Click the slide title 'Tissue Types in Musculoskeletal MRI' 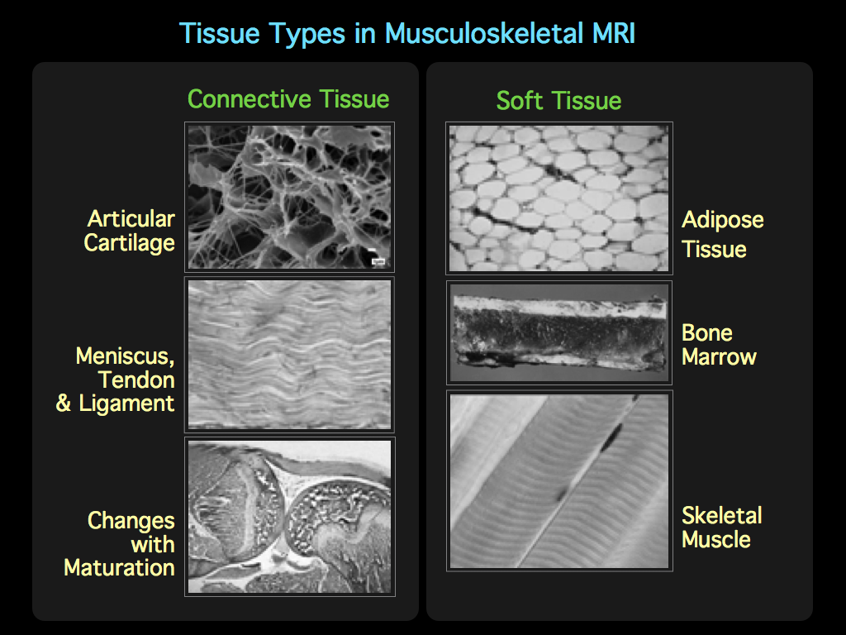(407, 34)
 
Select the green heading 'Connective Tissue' (288, 99)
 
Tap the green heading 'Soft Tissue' (558, 101)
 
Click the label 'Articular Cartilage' (131, 231)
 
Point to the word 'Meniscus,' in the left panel (125, 356)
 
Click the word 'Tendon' (136, 380)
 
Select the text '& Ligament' (116, 404)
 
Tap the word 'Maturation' (119, 568)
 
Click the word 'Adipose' (722, 220)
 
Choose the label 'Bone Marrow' (719, 345)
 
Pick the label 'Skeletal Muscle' (721, 528)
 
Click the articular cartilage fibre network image (289, 196)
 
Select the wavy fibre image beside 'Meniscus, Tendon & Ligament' (289, 355)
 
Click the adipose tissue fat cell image (558, 198)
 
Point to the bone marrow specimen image (558, 332)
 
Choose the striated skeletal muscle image (558, 480)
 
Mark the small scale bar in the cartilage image (378, 261)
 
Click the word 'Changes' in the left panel (131, 521)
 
